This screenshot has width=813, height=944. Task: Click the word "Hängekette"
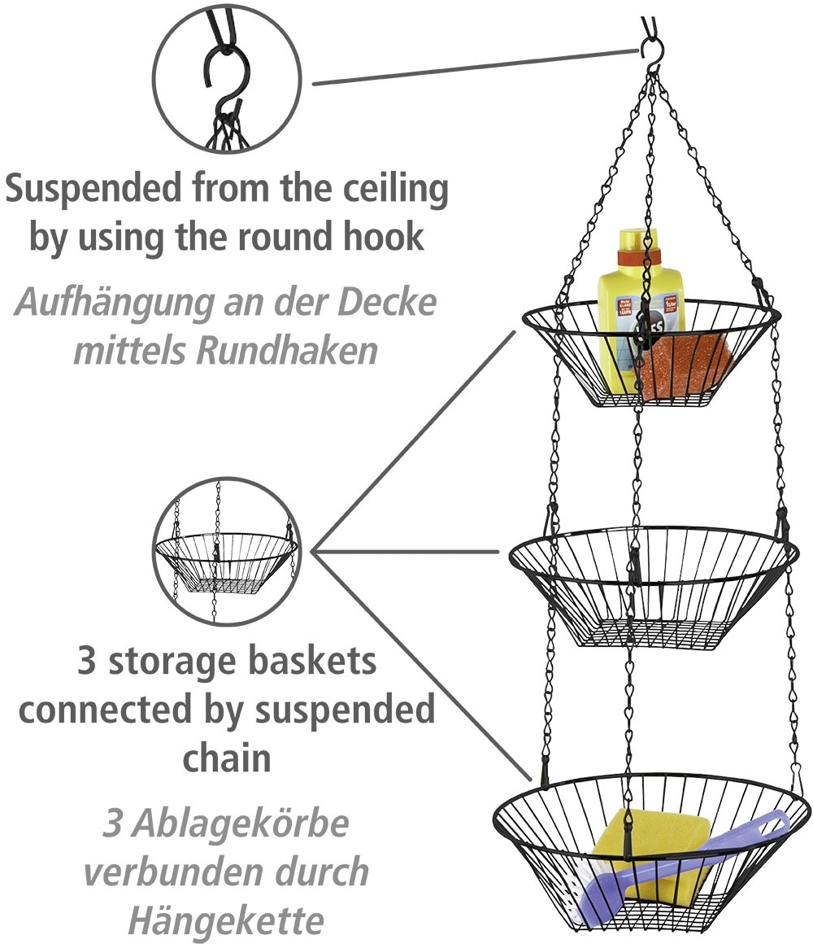[225, 920]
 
